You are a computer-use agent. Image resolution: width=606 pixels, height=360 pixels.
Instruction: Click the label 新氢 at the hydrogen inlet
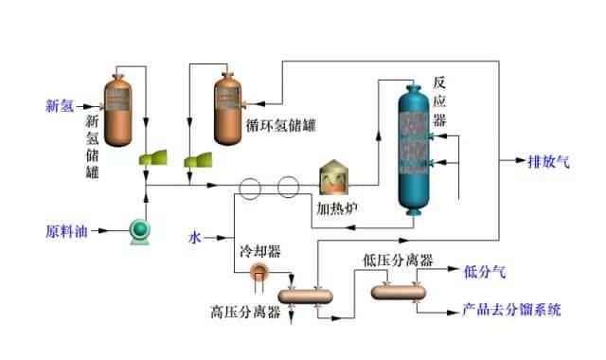[61, 104]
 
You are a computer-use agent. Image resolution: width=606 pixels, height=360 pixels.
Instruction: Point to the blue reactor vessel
[413, 152]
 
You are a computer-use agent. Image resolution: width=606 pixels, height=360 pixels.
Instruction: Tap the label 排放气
[548, 161]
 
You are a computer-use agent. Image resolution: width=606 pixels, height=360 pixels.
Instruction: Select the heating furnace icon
[334, 177]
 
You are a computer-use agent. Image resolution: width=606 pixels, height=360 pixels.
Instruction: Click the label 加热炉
[336, 206]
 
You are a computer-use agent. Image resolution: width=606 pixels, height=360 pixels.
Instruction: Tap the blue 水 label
[196, 230]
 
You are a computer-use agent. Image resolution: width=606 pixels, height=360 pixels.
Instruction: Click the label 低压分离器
[398, 260]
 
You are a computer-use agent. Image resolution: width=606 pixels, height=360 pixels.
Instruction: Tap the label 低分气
[484, 272]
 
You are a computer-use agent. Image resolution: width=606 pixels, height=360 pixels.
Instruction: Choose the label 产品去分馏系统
[510, 309]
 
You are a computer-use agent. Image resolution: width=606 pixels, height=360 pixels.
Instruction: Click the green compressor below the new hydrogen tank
[151, 156]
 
